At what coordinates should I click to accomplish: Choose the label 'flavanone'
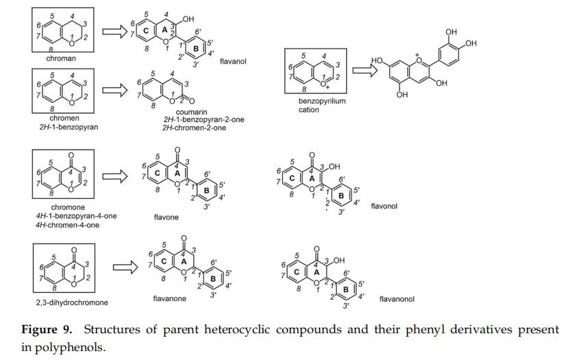coord(170,298)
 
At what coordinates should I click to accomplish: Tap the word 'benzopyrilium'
coord(321,101)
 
